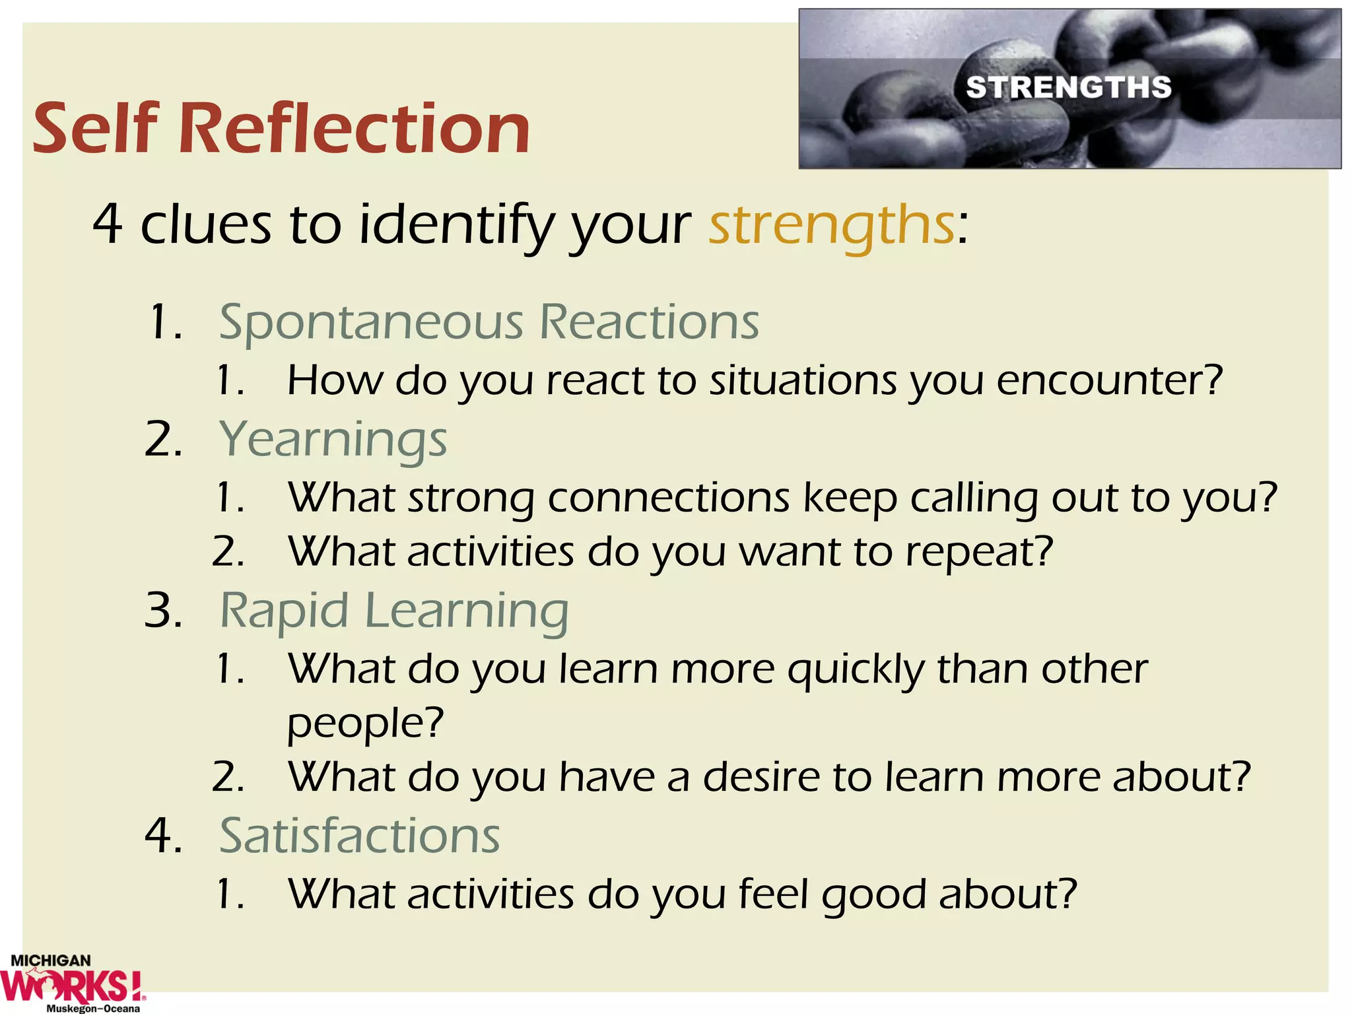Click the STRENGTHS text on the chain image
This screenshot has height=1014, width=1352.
pyautogui.click(x=1068, y=88)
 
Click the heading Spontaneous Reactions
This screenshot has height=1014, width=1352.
pyautogui.click(x=489, y=323)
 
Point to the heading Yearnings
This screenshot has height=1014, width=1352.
pyautogui.click(x=333, y=440)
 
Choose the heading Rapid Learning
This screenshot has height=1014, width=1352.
pyautogui.click(x=393, y=611)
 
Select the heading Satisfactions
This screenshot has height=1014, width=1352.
pyautogui.click(x=359, y=836)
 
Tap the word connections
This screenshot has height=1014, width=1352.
pyautogui.click(x=668, y=498)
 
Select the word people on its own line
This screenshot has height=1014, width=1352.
pyautogui.click(x=364, y=724)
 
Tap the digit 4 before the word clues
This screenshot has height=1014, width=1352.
pyautogui.click(x=107, y=225)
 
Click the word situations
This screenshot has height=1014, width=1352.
pyautogui.click(x=803, y=382)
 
